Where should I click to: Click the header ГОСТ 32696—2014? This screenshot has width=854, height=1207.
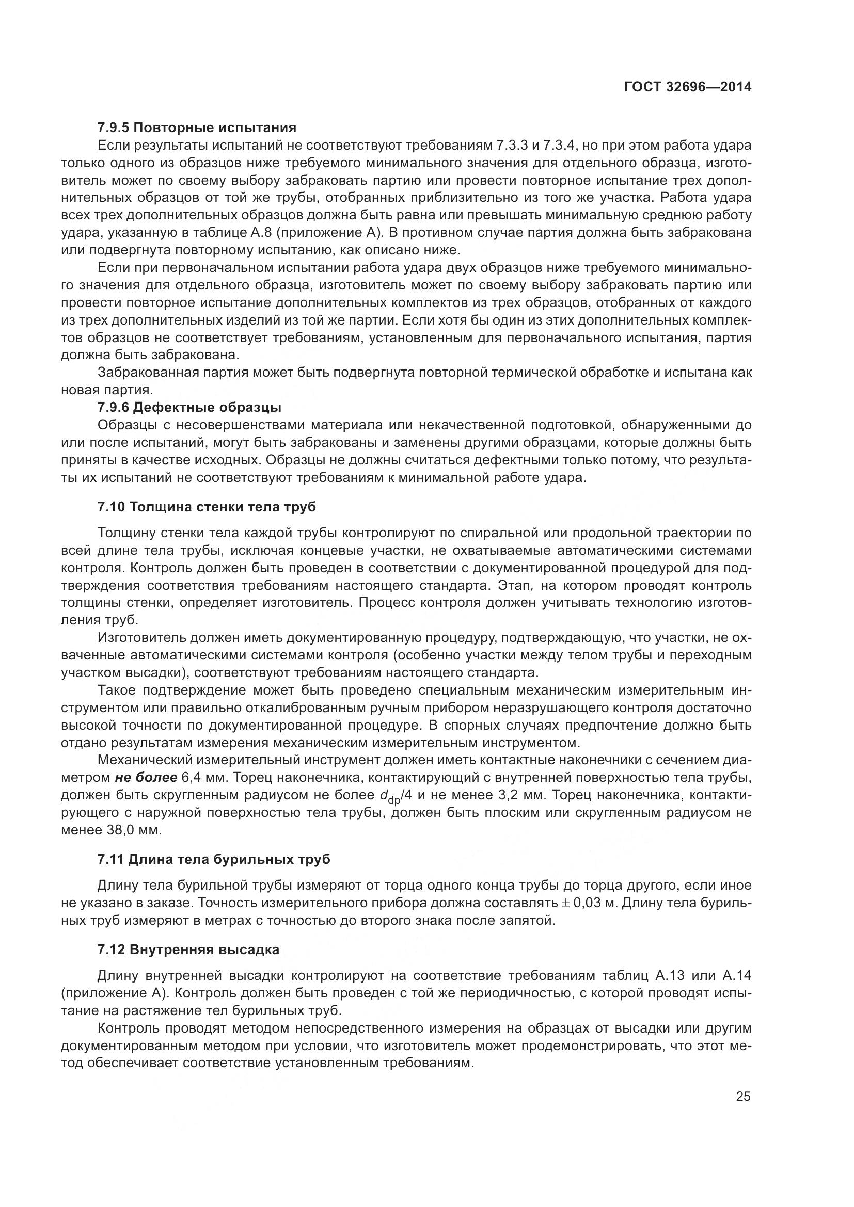pos(687,87)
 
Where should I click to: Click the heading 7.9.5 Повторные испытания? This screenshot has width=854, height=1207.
pos(197,128)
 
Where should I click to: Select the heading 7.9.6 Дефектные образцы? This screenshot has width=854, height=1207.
pos(189,408)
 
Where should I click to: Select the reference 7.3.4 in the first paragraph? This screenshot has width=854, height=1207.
pos(561,146)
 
